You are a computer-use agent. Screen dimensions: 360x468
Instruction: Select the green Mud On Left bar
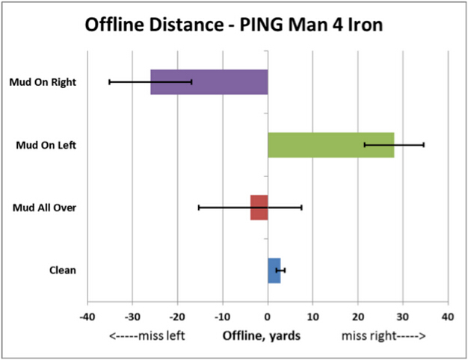pos(330,144)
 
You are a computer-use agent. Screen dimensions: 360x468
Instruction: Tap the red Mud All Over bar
pos(259,207)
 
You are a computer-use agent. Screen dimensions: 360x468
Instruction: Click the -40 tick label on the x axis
pos(87,316)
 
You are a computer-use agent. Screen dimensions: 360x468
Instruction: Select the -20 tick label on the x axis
pos(177,316)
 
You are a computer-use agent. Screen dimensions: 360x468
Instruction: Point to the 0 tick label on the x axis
pos(268,316)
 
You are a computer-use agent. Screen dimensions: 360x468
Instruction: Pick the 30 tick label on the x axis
pos(403,316)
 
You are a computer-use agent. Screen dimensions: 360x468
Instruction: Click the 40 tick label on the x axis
pos(448,316)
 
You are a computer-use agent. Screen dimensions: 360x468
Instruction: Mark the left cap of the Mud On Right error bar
pos(109,81)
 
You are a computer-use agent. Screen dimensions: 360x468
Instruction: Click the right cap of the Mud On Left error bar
pos(424,144)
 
